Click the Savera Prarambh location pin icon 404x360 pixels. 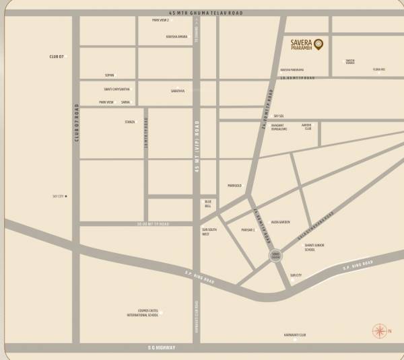(x=318, y=44)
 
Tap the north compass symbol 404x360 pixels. (x=380, y=331)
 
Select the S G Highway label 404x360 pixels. (x=161, y=347)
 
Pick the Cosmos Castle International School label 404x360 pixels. (x=147, y=313)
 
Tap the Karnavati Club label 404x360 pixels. (x=295, y=334)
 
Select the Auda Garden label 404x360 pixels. (x=280, y=221)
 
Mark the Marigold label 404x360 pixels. (x=234, y=185)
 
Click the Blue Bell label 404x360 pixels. (x=208, y=204)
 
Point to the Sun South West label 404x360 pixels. (x=209, y=232)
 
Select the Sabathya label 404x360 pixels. (x=177, y=90)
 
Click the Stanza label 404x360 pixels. (x=129, y=122)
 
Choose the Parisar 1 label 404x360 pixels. (x=248, y=230)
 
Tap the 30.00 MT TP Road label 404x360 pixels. (x=153, y=223)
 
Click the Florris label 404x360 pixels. (x=378, y=69)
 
